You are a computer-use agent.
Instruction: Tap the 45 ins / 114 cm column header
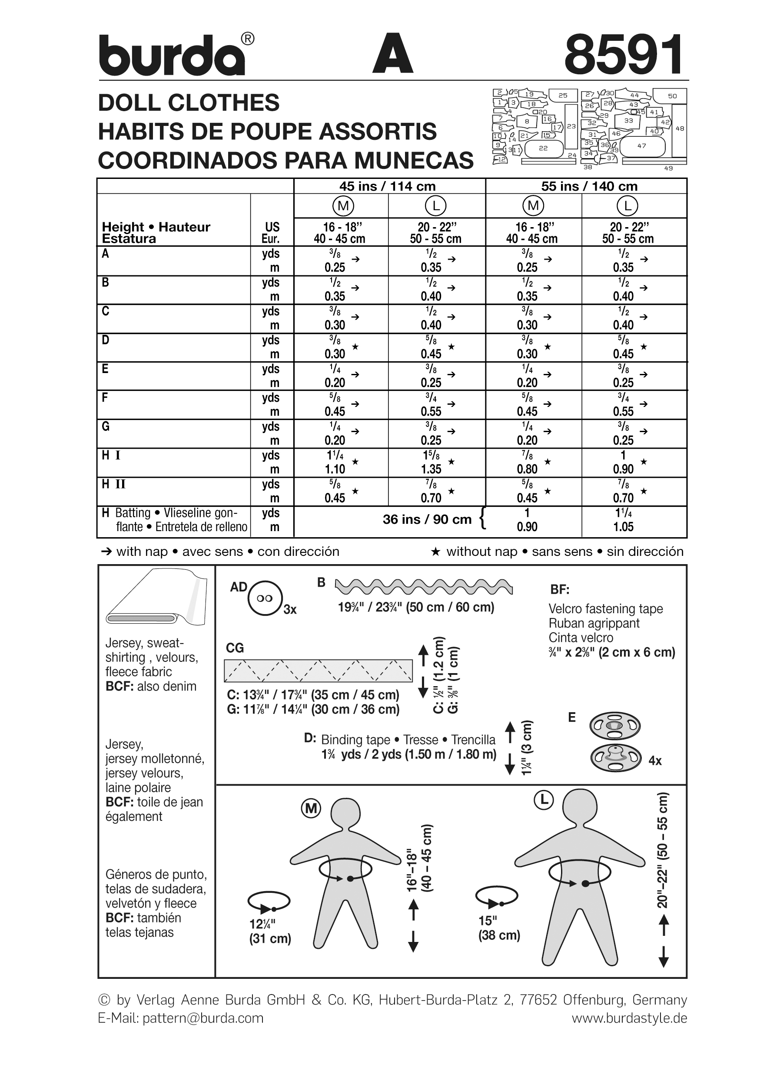tap(387, 186)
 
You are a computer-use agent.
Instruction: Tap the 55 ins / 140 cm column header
tap(589, 186)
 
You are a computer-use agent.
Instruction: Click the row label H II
tap(113, 484)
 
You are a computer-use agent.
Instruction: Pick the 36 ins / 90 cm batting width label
tap(427, 519)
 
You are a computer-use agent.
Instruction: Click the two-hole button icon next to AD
tap(265, 598)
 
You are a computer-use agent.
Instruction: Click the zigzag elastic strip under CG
tap(318, 671)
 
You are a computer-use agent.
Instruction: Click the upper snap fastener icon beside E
tap(615, 726)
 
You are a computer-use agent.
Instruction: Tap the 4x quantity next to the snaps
tap(655, 761)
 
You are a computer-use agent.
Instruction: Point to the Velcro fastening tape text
tap(605, 609)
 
